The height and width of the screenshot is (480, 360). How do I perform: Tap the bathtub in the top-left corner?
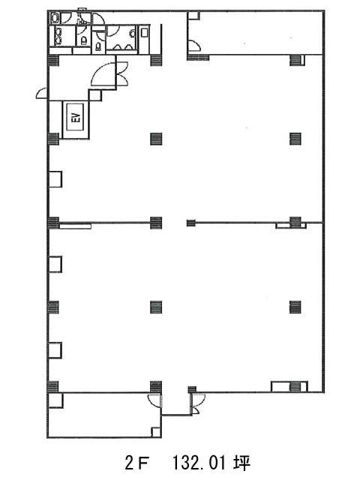click(55, 18)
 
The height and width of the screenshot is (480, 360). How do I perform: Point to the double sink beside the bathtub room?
click(58, 35)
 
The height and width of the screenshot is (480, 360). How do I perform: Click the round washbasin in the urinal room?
click(133, 33)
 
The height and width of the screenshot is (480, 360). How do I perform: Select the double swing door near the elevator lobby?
click(122, 74)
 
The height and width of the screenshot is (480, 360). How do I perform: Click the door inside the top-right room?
click(195, 45)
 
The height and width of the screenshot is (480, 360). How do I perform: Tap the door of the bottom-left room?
click(154, 400)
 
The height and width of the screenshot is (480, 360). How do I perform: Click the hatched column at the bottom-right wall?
click(295, 386)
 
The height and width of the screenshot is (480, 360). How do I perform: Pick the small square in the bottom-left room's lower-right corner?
click(156, 432)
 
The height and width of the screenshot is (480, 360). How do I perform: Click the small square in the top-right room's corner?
click(194, 16)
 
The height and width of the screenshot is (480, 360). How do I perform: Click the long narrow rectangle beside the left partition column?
click(75, 226)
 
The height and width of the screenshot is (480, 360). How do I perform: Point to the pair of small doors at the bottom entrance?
click(196, 403)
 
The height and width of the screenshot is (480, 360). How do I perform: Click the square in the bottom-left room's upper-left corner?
click(55, 400)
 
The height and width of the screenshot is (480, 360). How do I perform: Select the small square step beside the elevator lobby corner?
click(95, 95)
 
